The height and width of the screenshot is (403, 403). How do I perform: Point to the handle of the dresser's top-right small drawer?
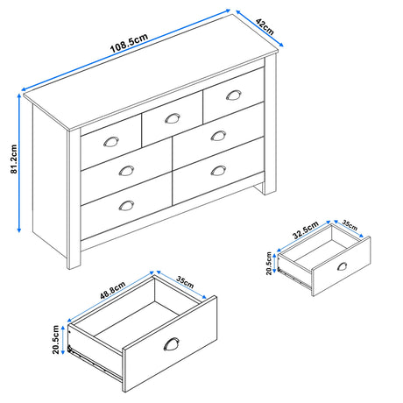232,95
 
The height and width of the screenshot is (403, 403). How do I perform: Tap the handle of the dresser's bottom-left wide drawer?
127,204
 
